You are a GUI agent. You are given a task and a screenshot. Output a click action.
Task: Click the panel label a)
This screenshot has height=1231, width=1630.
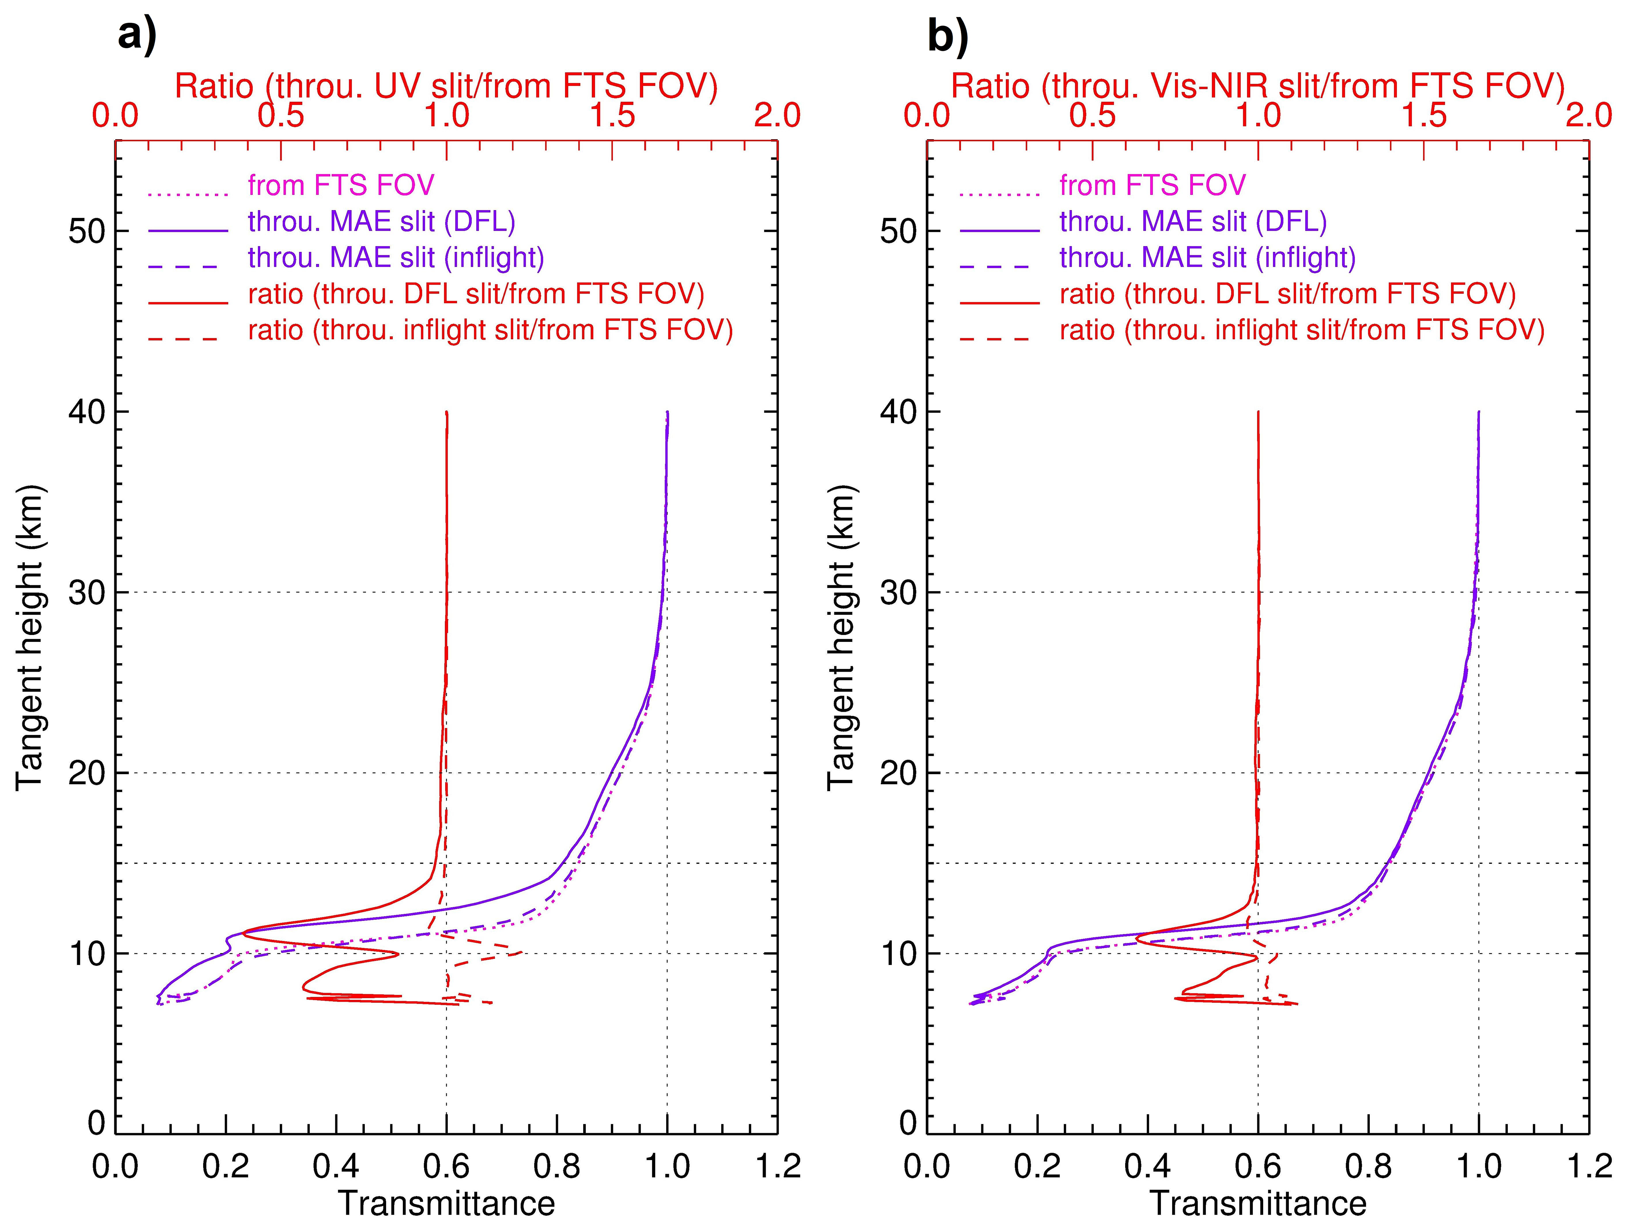[137, 35]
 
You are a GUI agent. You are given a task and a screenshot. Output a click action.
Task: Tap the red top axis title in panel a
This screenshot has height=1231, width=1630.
[446, 86]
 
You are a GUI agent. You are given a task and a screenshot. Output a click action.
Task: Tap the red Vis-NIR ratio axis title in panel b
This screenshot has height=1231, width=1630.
[1257, 86]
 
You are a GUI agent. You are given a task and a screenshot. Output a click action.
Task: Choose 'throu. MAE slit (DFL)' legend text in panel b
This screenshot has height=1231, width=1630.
[1193, 221]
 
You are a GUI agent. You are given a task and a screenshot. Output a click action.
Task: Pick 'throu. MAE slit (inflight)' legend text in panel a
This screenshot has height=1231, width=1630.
[396, 257]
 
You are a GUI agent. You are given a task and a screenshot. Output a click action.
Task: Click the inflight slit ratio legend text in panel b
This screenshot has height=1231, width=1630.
[1301, 330]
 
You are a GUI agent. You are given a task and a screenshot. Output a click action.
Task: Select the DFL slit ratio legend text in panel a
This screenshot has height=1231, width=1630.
[476, 293]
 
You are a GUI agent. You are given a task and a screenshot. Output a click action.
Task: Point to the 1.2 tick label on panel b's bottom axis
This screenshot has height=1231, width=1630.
[1588, 1166]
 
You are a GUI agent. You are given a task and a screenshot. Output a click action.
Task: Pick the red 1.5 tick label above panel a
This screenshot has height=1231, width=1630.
[612, 116]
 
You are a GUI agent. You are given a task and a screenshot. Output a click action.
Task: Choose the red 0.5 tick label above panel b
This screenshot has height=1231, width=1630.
[1092, 116]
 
